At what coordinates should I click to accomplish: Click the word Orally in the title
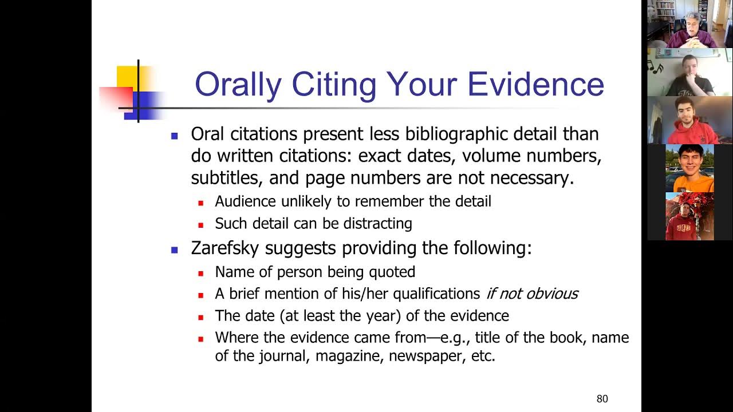(x=238, y=84)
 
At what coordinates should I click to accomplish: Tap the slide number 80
(x=602, y=399)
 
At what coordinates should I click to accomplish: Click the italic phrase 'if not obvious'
(x=531, y=294)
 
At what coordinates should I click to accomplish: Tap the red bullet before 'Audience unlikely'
(x=201, y=203)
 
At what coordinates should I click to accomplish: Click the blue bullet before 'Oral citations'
(x=175, y=136)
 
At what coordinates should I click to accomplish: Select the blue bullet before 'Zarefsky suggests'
(x=175, y=250)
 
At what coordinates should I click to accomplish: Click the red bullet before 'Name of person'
(x=201, y=274)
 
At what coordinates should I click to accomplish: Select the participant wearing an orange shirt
(x=689, y=169)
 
